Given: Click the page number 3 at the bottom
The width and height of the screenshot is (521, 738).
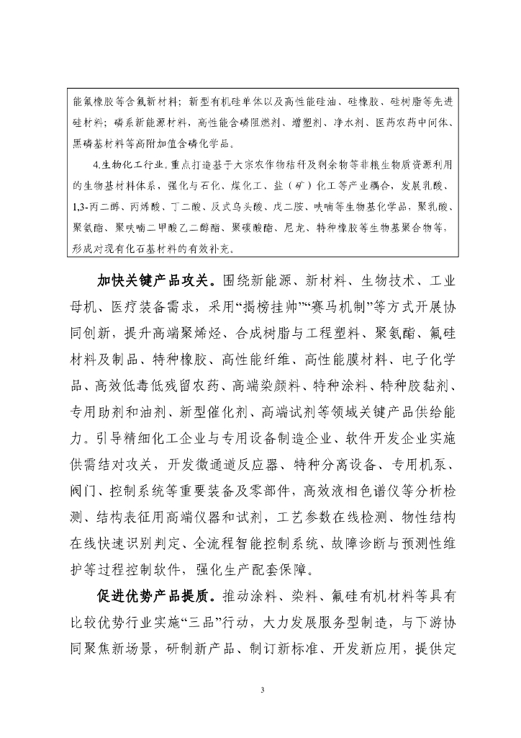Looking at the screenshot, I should (x=263, y=690).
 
